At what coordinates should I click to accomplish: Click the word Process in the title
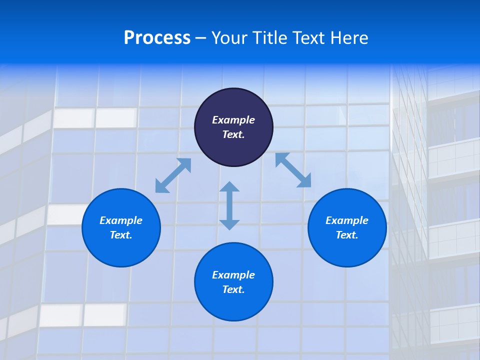(157, 38)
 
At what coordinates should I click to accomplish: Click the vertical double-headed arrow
(229, 205)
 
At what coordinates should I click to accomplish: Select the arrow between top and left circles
(173, 175)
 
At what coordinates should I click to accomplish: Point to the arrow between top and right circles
(293, 170)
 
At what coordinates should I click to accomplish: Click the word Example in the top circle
(233, 120)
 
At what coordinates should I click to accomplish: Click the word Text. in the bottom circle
(233, 289)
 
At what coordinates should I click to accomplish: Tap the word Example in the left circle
(121, 220)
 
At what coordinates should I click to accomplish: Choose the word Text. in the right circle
(347, 235)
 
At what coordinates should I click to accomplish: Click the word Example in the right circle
(347, 220)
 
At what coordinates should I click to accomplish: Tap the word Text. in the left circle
(121, 235)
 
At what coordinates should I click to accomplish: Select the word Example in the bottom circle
(233, 275)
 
